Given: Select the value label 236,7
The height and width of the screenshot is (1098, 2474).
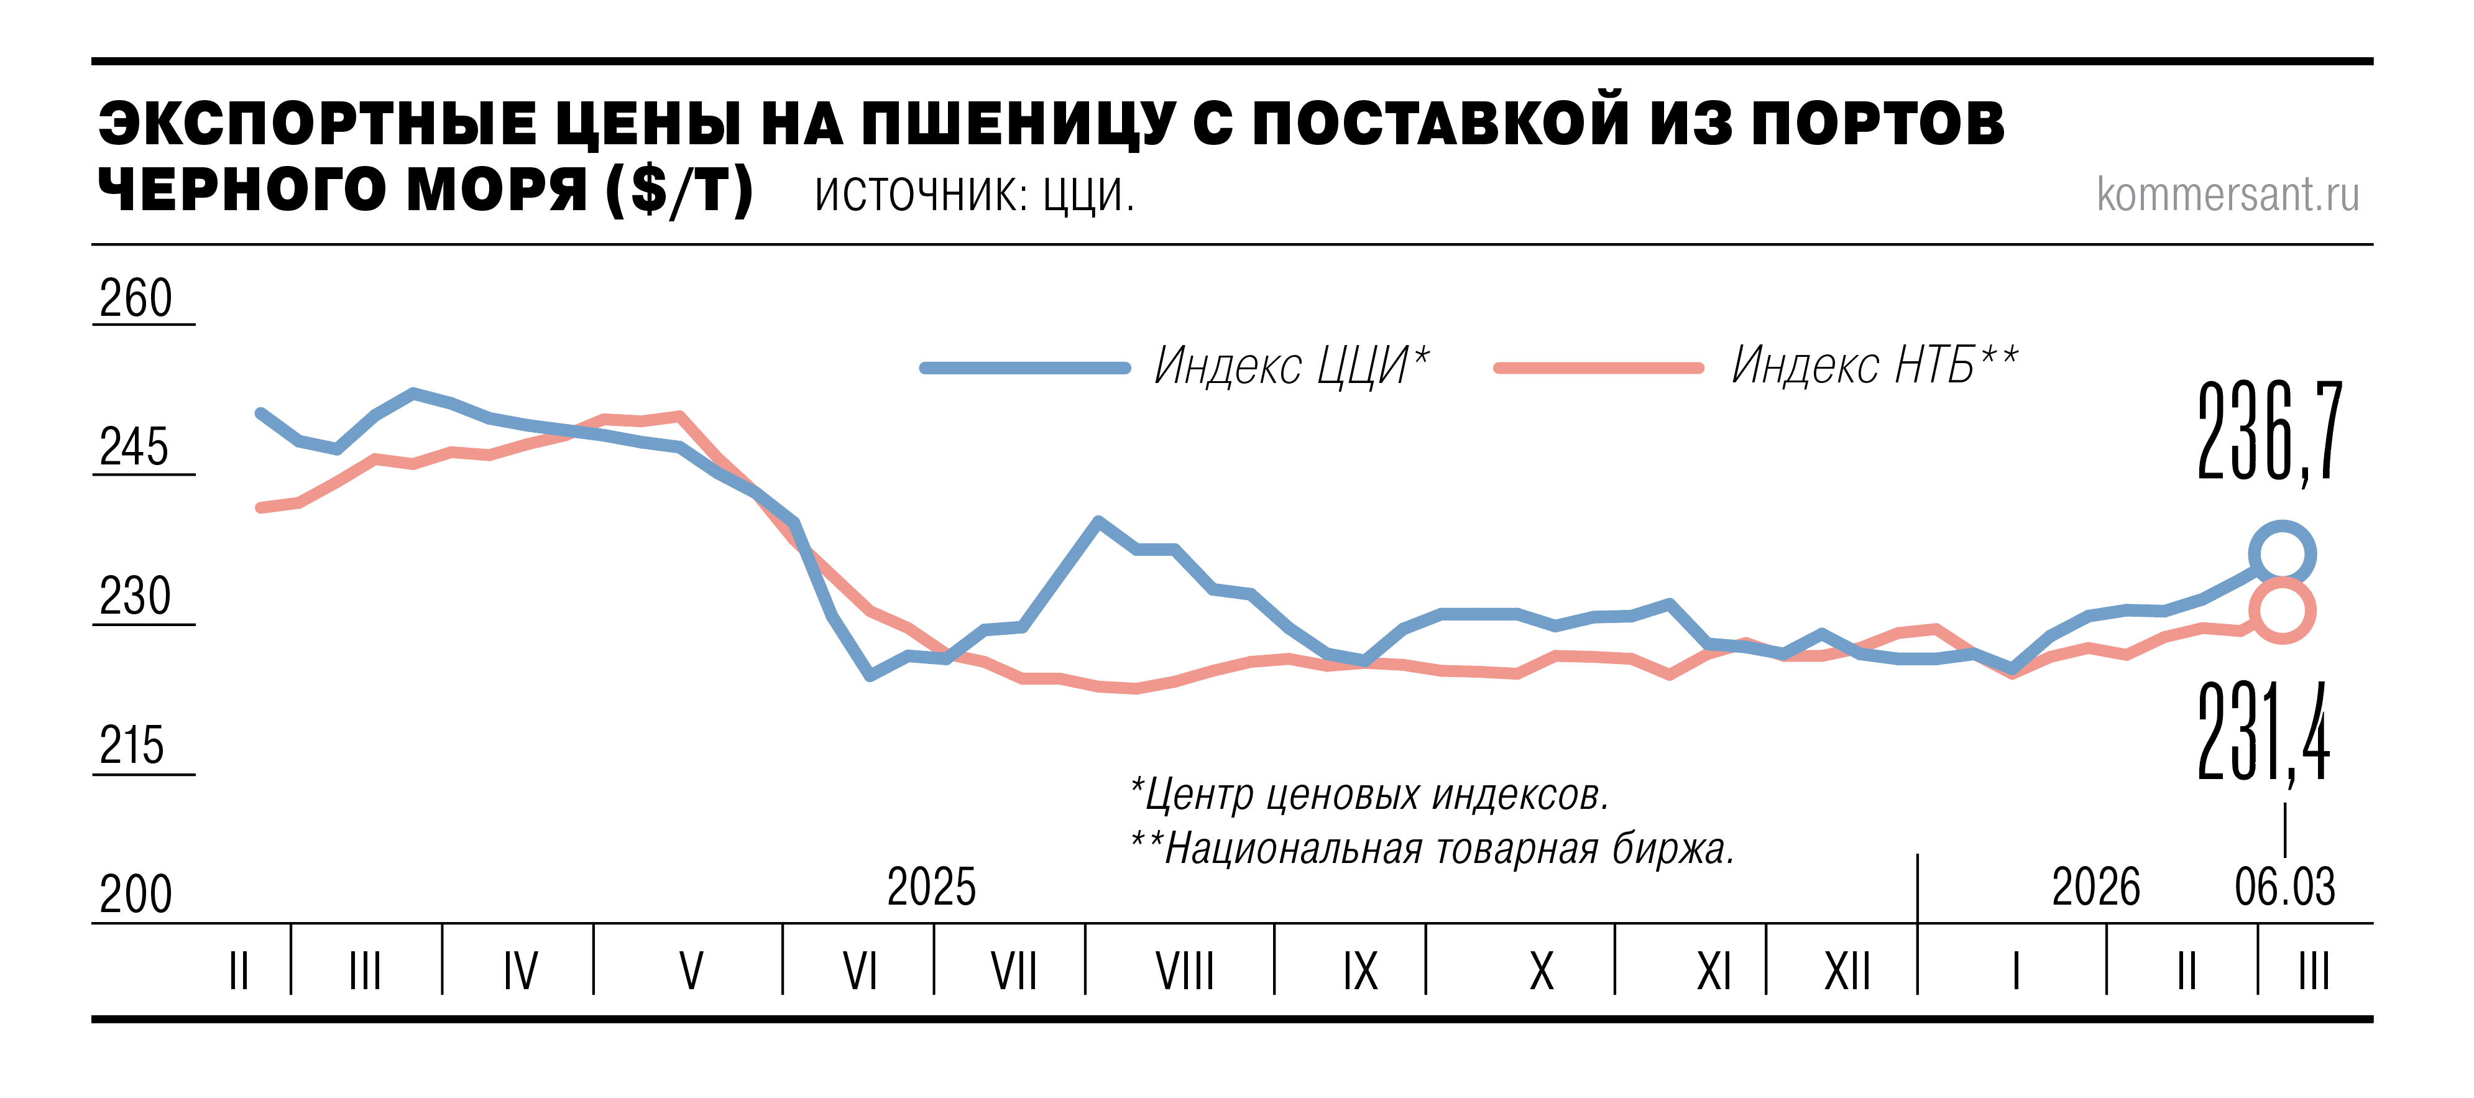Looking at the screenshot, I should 2269,432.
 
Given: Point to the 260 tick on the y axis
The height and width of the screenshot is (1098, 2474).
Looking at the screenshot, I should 136,299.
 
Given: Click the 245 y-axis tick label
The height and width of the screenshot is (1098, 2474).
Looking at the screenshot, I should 134,448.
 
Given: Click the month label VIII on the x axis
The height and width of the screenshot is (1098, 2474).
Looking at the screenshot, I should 1184,971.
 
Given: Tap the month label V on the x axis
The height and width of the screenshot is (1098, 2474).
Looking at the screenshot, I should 691,971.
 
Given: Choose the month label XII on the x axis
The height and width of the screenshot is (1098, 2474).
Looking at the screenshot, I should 1847,971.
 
